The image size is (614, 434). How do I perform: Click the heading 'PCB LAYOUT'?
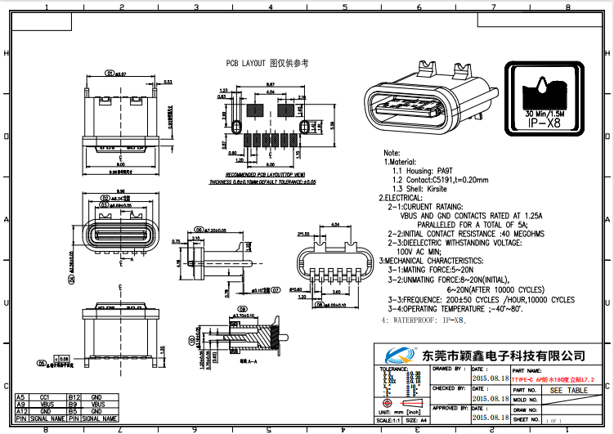click(x=245, y=63)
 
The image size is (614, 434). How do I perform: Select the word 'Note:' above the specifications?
click(x=392, y=153)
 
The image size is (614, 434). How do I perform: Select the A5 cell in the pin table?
click(x=21, y=396)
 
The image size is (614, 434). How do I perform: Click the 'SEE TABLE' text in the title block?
click(x=568, y=391)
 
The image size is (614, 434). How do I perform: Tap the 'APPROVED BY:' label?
click(x=450, y=407)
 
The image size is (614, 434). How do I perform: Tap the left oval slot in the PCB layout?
click(x=235, y=127)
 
